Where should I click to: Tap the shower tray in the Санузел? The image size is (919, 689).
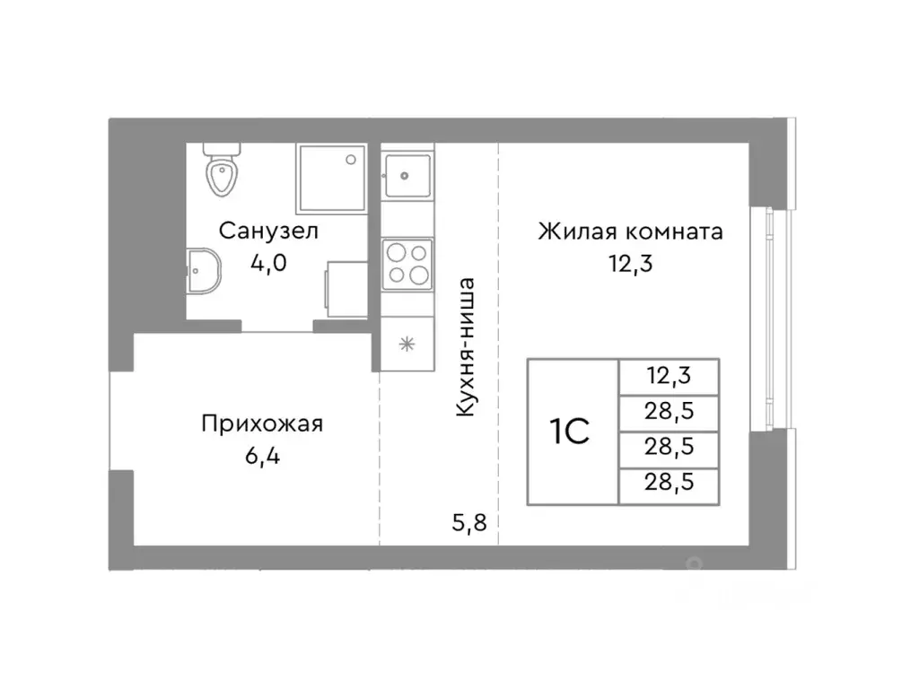331,179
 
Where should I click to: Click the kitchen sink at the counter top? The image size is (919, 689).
407,175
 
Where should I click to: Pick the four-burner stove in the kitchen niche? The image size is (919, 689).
407,264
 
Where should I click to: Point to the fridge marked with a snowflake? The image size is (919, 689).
407,343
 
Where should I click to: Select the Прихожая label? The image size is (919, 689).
262,423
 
